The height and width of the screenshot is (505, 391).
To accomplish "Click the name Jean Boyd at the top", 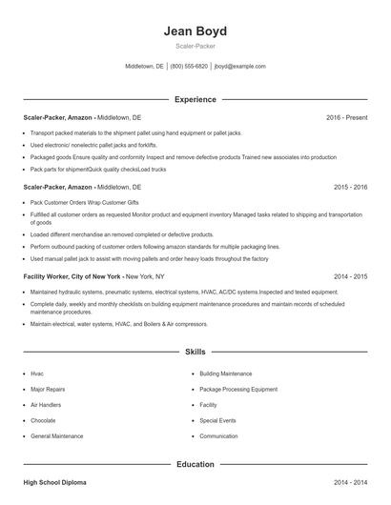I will click(x=195, y=30).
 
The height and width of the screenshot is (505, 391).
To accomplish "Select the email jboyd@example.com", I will click(x=240, y=67).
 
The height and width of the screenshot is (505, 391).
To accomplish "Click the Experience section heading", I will click(x=195, y=99).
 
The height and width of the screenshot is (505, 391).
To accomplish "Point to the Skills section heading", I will click(x=195, y=352).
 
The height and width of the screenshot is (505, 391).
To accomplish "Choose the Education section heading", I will click(x=195, y=464).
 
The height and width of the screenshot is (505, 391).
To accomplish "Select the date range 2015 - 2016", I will click(x=350, y=188).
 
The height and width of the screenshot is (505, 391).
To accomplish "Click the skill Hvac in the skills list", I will click(x=37, y=374).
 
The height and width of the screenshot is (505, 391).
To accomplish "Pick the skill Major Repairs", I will click(x=48, y=389).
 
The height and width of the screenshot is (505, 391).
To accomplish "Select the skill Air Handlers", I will click(x=45, y=404).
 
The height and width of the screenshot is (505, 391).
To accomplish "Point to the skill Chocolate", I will click(x=43, y=420).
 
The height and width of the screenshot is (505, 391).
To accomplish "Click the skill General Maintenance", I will click(x=56, y=435).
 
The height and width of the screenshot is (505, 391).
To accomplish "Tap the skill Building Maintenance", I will click(x=225, y=374).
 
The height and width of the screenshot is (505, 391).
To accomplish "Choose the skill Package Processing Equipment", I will click(x=238, y=389).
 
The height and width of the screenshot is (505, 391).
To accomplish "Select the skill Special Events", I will click(x=217, y=420).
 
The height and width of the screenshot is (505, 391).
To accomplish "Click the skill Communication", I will click(x=218, y=435).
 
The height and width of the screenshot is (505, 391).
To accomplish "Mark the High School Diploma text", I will click(x=54, y=484).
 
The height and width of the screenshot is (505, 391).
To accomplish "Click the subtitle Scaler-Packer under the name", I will click(x=195, y=47).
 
